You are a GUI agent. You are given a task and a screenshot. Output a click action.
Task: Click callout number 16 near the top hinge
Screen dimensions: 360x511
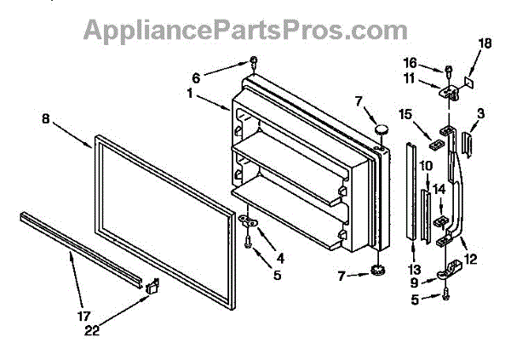[433, 63]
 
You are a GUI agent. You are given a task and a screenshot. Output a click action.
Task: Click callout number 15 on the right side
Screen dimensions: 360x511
[405, 115]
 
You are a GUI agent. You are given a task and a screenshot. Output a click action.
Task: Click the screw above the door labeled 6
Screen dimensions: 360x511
[254, 61]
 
